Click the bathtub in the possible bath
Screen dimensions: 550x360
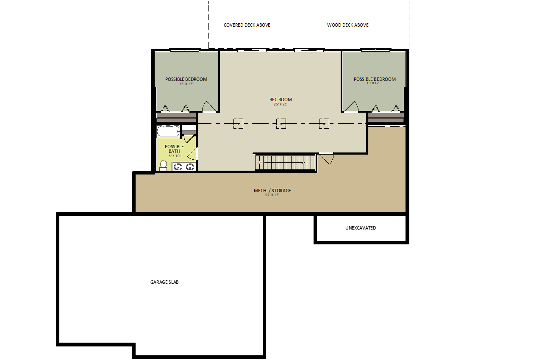(168, 131)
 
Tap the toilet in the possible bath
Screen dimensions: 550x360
(163, 166)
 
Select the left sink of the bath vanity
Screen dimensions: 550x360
(178, 167)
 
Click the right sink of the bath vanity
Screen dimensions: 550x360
(190, 167)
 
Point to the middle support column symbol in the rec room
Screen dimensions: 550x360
(281, 124)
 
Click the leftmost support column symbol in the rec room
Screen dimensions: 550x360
(238, 124)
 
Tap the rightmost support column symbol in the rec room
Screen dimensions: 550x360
(324, 124)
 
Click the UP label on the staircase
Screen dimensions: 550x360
(260, 163)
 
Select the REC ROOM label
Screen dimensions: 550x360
(281, 100)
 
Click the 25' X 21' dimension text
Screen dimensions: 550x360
(281, 104)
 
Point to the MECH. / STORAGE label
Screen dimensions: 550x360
(272, 191)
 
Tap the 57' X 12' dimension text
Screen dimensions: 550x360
(272, 195)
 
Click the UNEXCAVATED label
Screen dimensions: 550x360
(361, 228)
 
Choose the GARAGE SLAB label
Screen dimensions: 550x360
(164, 282)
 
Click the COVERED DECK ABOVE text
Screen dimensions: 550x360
(247, 25)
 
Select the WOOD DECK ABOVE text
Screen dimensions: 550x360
(348, 25)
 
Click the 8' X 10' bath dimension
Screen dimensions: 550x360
(175, 156)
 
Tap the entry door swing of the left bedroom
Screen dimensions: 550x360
(209, 106)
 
